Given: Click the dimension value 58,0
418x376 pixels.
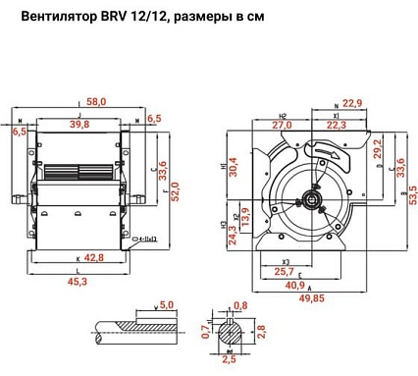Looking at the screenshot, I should coord(96,101).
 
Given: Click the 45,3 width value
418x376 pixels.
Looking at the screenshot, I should coord(77,282).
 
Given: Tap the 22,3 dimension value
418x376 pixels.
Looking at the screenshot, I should coord(337,125).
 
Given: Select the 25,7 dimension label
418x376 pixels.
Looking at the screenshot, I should coord(284,271).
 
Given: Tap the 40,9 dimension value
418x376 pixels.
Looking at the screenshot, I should coord(293,286).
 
